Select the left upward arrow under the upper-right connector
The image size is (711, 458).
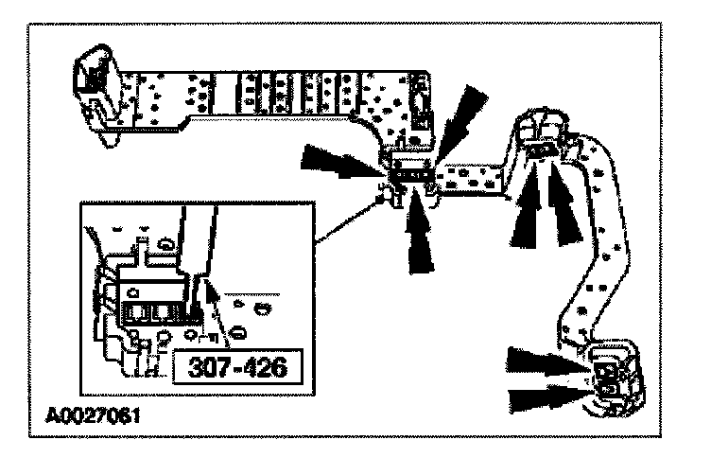pyautogui.click(x=527, y=214)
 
